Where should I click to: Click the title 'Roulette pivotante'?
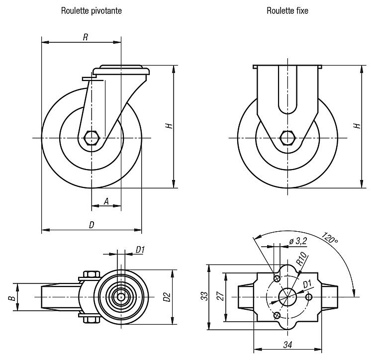coord(91,10)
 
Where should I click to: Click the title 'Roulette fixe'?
coord(287,10)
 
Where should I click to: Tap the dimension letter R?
coord(86,37)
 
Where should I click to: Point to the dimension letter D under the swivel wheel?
coord(92,225)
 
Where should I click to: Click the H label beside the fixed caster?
coord(357,126)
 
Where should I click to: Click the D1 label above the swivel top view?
coord(140,250)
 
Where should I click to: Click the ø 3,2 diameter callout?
coord(296,242)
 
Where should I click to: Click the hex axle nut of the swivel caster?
coord(92,137)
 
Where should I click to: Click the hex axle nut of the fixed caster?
coord(287,137)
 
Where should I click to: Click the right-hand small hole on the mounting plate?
coord(309,297)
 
